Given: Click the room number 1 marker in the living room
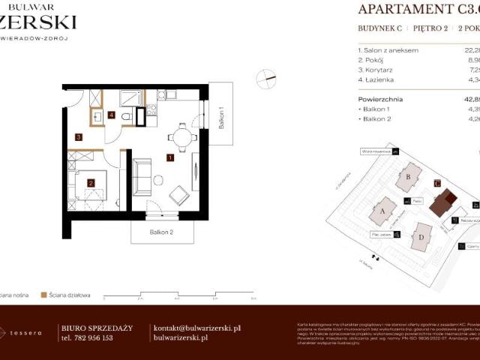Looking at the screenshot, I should click(x=171, y=158).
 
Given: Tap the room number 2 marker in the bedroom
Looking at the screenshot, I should click(x=90, y=182).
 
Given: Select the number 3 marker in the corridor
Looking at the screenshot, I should click(x=78, y=137).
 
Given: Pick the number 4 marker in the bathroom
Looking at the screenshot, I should click(x=111, y=115).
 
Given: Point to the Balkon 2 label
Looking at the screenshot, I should click(x=161, y=232).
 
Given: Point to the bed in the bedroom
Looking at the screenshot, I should click(x=94, y=191).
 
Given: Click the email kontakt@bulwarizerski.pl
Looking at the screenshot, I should click(x=196, y=328).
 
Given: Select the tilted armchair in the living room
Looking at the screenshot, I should click(x=181, y=195).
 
